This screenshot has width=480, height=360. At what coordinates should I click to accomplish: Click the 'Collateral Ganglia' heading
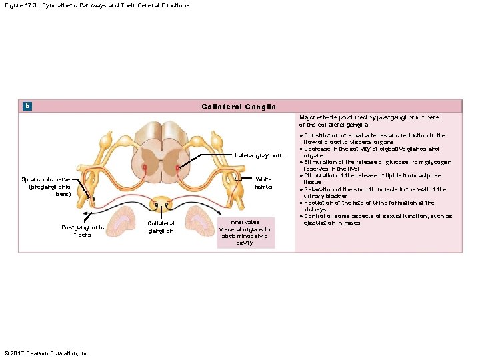tap(239, 107)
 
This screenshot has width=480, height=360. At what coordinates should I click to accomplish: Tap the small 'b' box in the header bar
tap(27, 106)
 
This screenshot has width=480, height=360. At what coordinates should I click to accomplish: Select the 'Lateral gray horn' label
tap(259, 155)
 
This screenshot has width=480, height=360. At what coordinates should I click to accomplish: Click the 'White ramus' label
tap(263, 183)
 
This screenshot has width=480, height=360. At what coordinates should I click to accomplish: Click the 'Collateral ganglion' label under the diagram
tap(161, 227)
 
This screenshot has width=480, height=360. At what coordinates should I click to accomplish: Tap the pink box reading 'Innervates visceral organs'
tap(245, 232)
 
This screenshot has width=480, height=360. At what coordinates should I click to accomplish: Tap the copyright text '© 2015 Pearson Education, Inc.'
tap(47, 353)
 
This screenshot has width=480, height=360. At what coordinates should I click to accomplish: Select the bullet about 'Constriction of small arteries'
tap(373, 139)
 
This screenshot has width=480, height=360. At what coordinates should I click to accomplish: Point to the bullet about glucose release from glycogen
tap(377, 165)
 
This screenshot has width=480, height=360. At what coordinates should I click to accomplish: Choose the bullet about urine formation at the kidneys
tap(369, 206)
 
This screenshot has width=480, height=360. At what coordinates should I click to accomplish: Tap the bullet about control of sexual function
tap(377, 219)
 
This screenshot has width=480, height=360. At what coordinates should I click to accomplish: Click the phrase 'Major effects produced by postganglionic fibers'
tap(369, 121)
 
